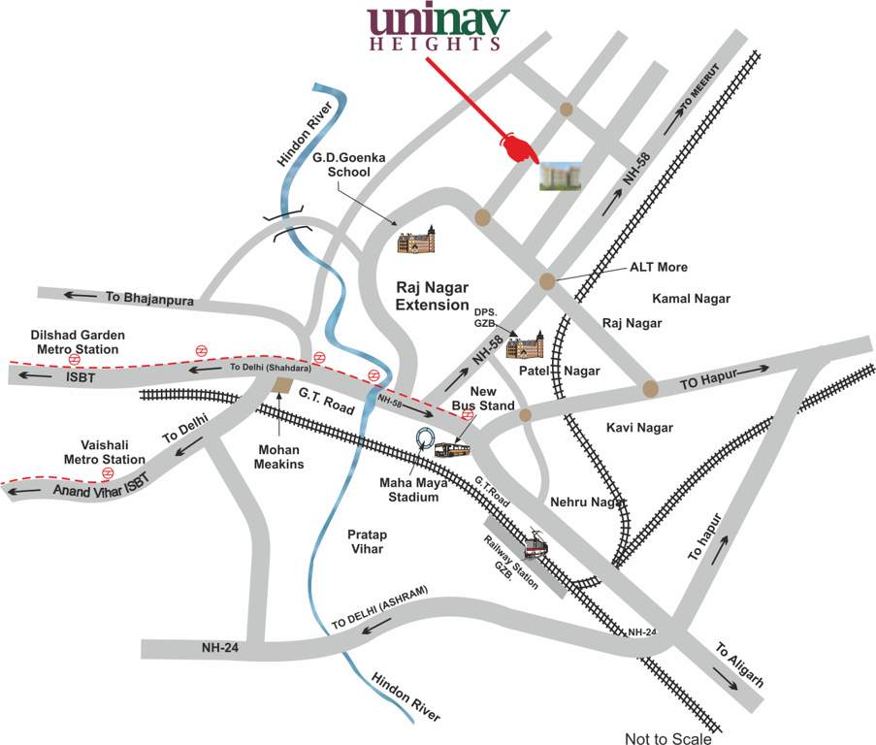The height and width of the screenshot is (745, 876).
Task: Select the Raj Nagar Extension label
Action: click(x=433, y=296)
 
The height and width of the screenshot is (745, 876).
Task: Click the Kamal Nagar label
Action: click(x=691, y=299)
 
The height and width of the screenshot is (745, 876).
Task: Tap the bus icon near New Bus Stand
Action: click(x=452, y=449)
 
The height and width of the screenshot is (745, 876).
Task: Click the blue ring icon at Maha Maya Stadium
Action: click(x=424, y=439)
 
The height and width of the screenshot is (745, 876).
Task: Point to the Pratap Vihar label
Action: click(x=367, y=541)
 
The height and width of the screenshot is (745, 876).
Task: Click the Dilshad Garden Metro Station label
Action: click(x=78, y=341)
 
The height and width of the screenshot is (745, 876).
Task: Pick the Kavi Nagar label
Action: click(x=639, y=427)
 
